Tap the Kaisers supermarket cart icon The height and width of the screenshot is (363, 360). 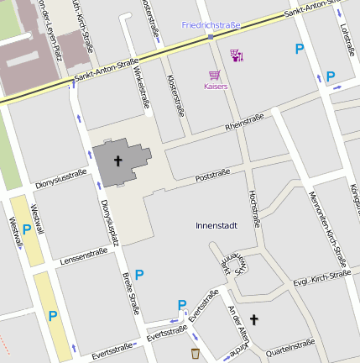[x=215, y=75]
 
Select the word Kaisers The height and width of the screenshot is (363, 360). [x=216, y=87]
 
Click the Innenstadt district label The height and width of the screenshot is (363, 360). [x=217, y=225]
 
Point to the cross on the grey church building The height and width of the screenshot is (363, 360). [x=118, y=160]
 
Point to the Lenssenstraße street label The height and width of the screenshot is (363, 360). [x=84, y=255]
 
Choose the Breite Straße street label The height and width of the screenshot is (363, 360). [x=131, y=293]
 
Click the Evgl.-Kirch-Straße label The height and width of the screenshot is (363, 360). [x=322, y=278]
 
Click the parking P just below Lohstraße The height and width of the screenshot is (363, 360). [x=330, y=76]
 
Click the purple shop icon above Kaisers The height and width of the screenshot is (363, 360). [x=236, y=56]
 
